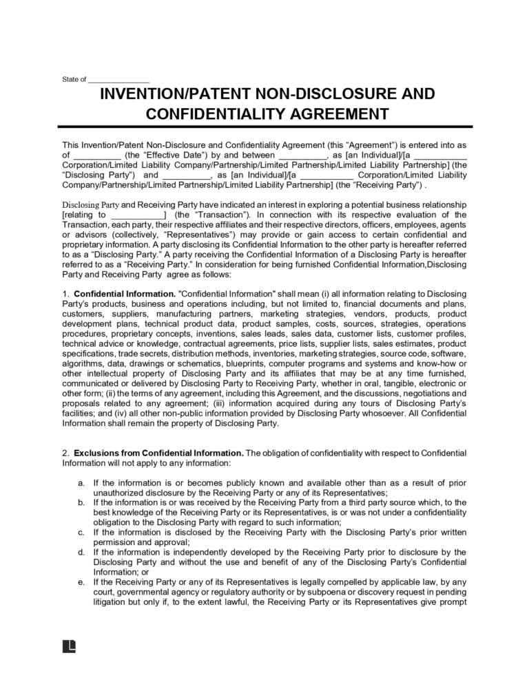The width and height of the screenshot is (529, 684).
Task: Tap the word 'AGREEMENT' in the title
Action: [x=331, y=114]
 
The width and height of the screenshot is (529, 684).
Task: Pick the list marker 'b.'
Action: [x=81, y=502]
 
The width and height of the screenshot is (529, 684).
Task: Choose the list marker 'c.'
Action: [x=81, y=532]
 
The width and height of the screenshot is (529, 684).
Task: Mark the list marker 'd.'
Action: [x=81, y=552]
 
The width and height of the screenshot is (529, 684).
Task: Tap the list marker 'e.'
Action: [x=81, y=581]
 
